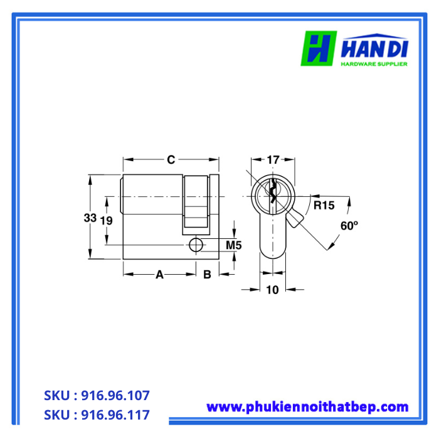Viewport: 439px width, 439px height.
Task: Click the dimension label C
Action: click(171, 159)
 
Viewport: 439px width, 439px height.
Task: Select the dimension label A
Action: click(159, 275)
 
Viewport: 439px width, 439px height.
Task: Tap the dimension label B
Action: click(206, 275)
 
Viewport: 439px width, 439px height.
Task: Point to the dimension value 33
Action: click(90, 218)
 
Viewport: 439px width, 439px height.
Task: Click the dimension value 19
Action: click(106, 221)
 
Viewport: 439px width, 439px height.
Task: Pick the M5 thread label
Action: click(233, 245)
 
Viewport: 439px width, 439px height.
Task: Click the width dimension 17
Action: click(272, 159)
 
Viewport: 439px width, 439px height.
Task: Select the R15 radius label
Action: click(324, 205)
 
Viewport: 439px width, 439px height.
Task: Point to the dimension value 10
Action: click(272, 289)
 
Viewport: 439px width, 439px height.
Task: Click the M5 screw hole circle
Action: click(196, 245)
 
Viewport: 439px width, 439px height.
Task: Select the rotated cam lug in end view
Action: click(295, 218)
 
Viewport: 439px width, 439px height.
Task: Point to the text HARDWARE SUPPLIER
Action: click(374, 64)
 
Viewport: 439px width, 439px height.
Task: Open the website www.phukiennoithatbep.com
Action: click(307, 407)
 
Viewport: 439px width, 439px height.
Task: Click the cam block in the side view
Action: click(196, 200)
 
